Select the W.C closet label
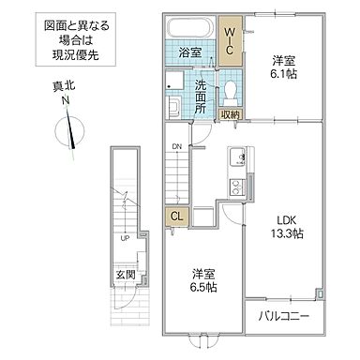(230, 40)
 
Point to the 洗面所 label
(200, 96)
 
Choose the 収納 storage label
(231, 114)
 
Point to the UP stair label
(125, 237)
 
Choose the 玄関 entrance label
(125, 275)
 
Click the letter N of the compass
(65, 99)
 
